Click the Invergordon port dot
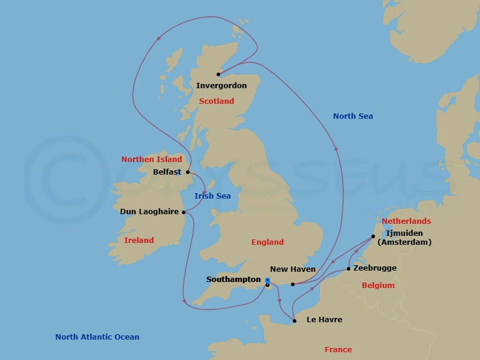point(218,74)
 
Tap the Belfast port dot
point(188,172)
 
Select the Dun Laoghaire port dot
point(184,212)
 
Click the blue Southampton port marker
point(267,280)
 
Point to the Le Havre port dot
point(294,321)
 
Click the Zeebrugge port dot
point(349,269)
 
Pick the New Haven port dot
point(292,284)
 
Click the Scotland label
point(217,101)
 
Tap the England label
point(268,242)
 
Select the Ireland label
point(139,241)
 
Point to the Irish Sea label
point(212,196)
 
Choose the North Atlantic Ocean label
point(97,337)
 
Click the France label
point(337,350)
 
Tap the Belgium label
point(378,286)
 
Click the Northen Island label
point(151,160)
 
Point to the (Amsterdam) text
point(404,242)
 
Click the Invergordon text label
point(221,86)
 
